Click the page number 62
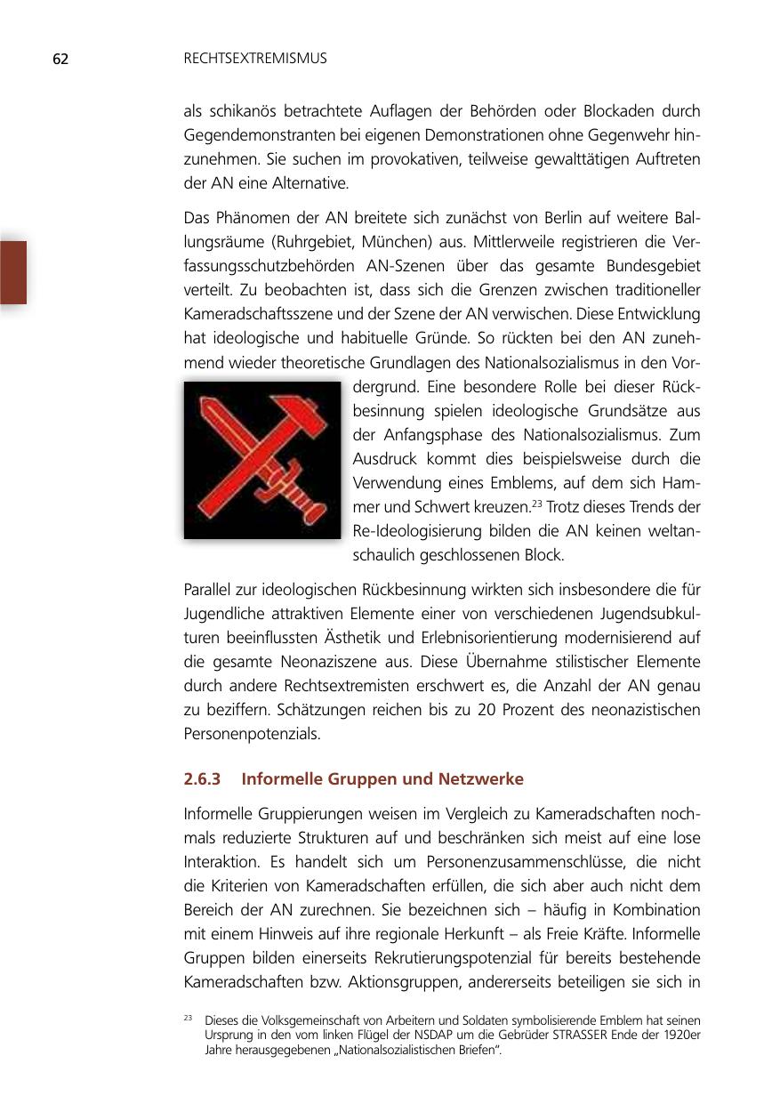60,60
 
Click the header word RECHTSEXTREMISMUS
255,59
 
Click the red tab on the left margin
13,272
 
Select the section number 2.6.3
204,779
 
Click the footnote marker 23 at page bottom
189,1018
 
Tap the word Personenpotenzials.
252,734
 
